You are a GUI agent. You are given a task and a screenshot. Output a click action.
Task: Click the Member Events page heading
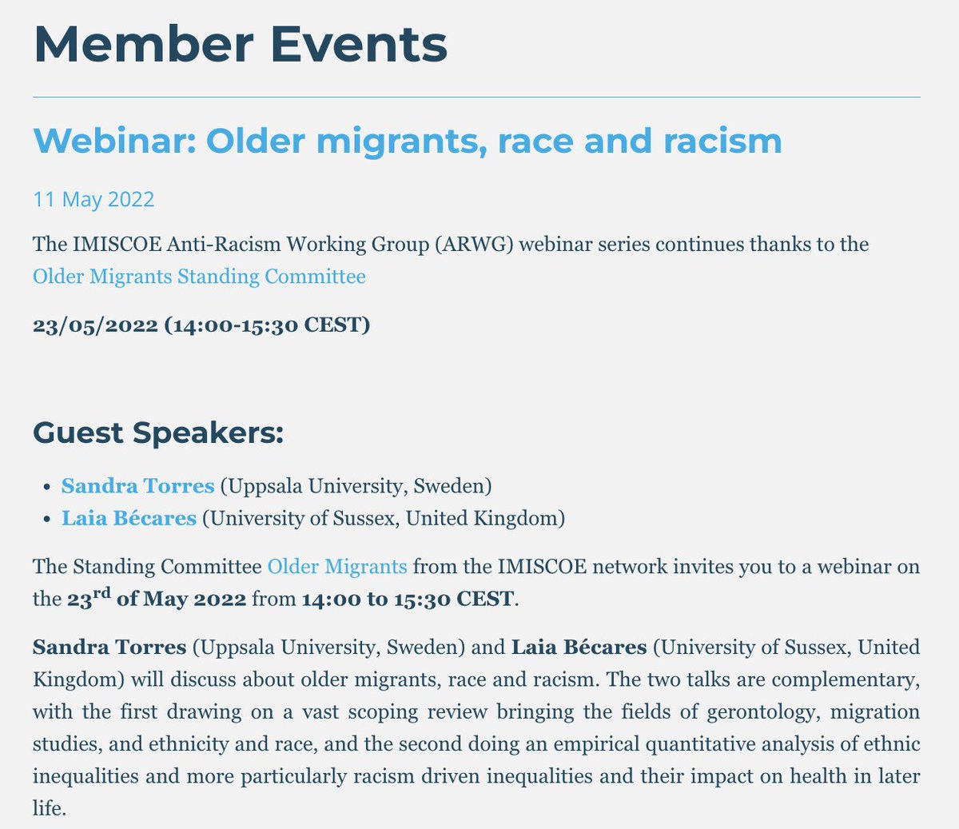240,45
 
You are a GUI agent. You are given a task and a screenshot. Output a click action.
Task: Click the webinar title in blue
407,141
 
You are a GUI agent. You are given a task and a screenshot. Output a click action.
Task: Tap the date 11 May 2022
94,198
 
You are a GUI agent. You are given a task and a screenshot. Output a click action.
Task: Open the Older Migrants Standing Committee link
199,277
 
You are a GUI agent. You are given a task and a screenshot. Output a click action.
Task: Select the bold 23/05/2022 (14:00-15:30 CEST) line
201,325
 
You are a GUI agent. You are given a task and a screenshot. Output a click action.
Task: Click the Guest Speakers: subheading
158,432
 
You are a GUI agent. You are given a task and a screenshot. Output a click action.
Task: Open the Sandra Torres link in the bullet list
137,485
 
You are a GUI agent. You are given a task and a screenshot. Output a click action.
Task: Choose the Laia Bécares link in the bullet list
129,518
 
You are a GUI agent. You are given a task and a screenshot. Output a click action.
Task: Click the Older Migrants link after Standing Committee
336,567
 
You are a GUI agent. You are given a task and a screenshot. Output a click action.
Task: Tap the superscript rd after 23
101,592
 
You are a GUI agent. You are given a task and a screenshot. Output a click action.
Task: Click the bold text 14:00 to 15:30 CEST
408,599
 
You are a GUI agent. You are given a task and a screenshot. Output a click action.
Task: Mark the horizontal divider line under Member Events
476,98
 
